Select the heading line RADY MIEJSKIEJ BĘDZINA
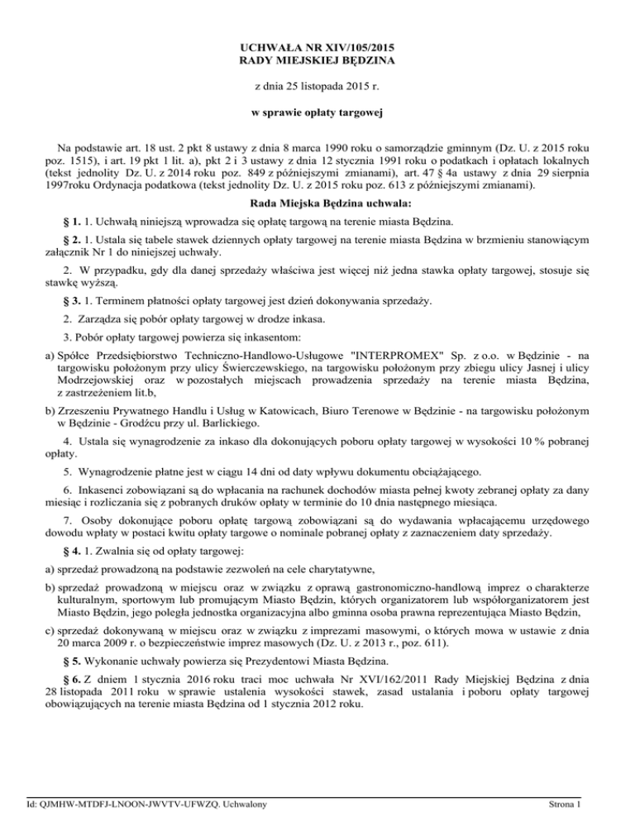click(317, 61)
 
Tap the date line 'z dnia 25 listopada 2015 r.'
click(317, 87)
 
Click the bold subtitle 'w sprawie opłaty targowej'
click(317, 112)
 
